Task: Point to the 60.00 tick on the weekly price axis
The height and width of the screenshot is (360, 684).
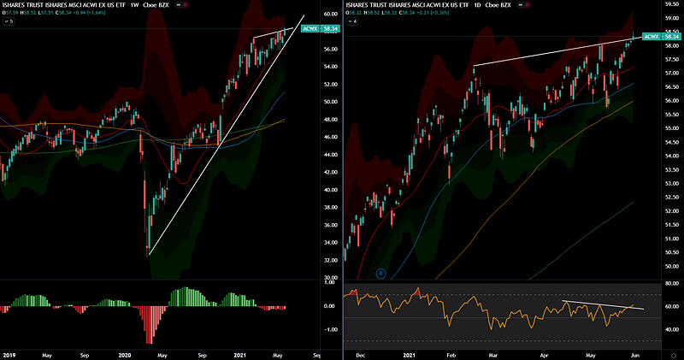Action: point(330,15)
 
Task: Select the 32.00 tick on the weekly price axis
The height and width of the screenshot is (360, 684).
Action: point(330,261)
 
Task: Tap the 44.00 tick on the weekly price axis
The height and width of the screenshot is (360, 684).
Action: point(330,155)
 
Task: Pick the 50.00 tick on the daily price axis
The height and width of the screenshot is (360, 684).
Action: point(671,267)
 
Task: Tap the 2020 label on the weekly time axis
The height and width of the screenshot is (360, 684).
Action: point(123,354)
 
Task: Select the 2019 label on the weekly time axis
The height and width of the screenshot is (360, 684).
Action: point(9,354)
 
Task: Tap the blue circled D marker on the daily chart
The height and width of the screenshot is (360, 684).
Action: point(380,274)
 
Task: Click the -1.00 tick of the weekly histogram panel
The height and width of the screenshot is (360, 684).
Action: point(329,329)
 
